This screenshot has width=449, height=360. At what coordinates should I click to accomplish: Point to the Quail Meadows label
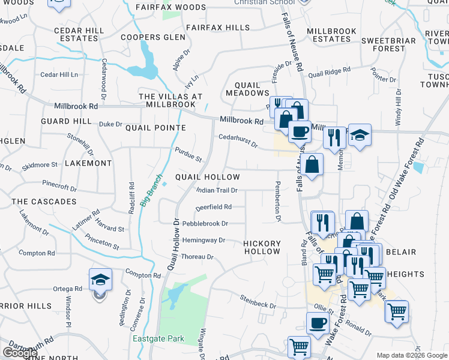coord(247,89)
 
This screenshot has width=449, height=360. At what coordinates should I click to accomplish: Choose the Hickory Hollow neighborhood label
coord(262,247)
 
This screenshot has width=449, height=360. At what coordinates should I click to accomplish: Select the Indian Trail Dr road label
coord(217,190)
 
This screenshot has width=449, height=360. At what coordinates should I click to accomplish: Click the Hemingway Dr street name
coord(203,240)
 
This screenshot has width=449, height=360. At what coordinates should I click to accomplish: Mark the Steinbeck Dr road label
coord(258,301)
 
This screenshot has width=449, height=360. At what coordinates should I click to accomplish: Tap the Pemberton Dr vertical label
coord(278,201)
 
